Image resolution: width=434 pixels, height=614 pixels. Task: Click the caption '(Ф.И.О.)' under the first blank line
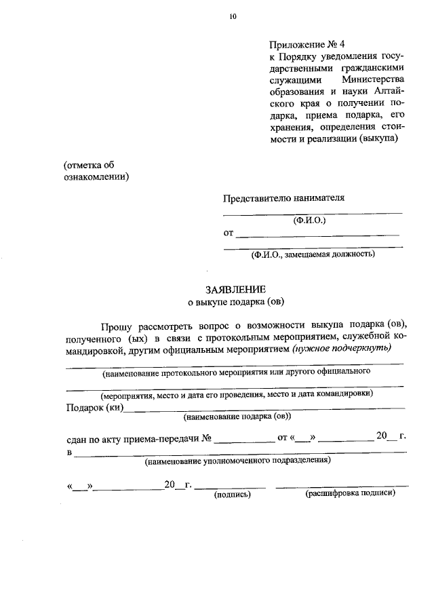pyautogui.click(x=310, y=220)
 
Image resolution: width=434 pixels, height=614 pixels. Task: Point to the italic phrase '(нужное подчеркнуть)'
pyautogui.click(x=342, y=349)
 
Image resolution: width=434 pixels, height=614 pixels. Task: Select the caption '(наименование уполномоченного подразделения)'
pyautogui.click(x=237, y=461)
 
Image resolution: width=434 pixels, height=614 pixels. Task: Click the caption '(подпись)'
pyautogui.click(x=233, y=495)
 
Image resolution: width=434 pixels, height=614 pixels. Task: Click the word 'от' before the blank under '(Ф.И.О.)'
pyautogui.click(x=229, y=234)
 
